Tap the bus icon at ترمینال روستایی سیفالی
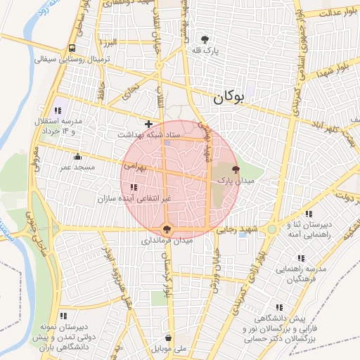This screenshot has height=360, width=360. [72, 49]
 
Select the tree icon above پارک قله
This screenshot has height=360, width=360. [205, 40]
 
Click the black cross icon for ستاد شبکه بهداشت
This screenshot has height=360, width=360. [148, 124]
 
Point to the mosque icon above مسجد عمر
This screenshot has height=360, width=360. [77, 156]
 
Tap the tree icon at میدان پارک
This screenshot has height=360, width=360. [236, 169]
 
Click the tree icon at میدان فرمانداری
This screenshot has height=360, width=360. [167, 229]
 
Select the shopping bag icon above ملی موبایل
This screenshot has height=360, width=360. [167, 337]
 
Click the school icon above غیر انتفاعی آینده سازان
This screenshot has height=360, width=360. [134, 186]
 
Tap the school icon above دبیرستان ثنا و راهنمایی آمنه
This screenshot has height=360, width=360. [308, 213]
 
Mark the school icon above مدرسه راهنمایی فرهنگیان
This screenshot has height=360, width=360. [302, 258]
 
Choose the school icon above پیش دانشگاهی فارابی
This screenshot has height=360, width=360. [279, 307]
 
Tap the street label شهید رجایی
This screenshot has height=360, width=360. [237, 229]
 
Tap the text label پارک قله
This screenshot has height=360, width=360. [207, 51]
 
